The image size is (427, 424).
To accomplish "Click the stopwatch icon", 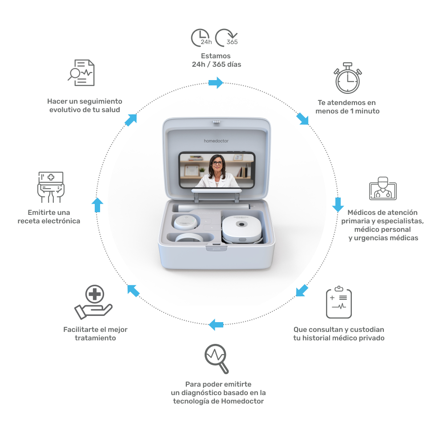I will [x=347, y=81].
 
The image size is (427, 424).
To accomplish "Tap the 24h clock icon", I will [x=201, y=38].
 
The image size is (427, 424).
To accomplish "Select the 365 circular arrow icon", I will [x=226, y=38].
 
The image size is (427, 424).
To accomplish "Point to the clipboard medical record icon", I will [x=338, y=303].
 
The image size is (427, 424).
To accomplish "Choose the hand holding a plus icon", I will [x=94, y=303].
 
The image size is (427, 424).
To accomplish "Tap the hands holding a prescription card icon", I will [x=51, y=187].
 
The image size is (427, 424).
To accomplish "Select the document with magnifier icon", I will [x=81, y=73].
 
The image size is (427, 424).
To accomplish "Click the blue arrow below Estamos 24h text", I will [x=216, y=82].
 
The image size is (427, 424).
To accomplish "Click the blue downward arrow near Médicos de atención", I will [x=338, y=204].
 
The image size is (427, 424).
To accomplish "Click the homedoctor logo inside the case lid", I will [x=216, y=141].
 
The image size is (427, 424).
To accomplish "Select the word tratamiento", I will [x=95, y=338].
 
